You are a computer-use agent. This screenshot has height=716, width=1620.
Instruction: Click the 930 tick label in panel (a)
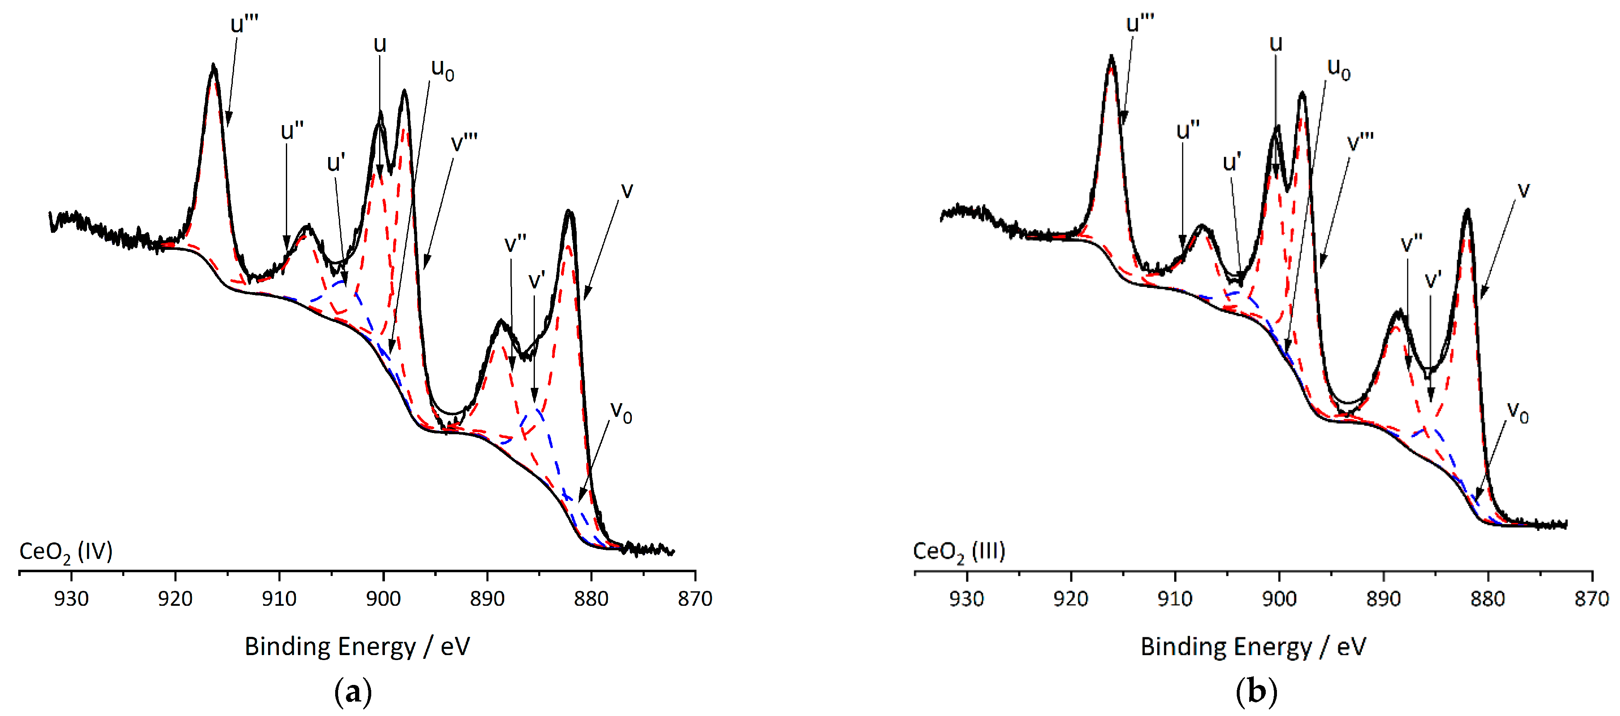pyautogui.click(x=71, y=598)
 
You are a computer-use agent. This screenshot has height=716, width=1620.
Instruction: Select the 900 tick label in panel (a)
pyautogui.click(x=383, y=598)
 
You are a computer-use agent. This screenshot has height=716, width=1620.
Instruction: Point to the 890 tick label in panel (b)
pyautogui.click(x=1383, y=598)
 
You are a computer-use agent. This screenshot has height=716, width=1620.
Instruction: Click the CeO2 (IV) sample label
pyautogui.click(x=66, y=552)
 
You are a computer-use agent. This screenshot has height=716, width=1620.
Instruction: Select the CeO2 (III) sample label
pyautogui.click(x=959, y=552)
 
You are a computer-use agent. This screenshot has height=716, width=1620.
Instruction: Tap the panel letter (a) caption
pyautogui.click(x=353, y=692)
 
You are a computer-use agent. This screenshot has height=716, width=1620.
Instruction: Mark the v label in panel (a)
pyautogui.click(x=626, y=190)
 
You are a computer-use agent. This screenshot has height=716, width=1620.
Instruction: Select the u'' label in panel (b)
pyautogui.click(x=1188, y=131)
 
